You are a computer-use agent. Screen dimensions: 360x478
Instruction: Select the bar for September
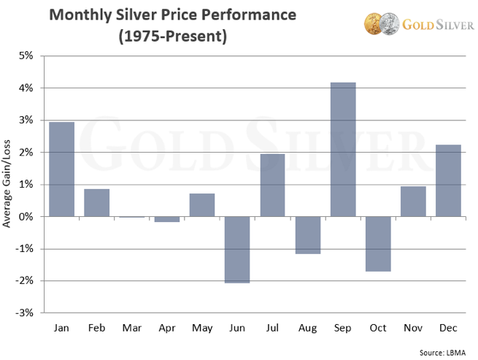click(343, 150)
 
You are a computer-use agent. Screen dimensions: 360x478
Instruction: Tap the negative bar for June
click(237, 250)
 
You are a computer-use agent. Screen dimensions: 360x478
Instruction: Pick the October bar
click(378, 244)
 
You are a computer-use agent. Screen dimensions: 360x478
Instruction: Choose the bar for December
click(448, 180)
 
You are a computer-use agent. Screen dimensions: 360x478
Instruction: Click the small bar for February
click(97, 203)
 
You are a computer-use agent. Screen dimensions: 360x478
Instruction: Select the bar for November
click(413, 202)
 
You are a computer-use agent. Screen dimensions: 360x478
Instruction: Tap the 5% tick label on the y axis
click(27, 55)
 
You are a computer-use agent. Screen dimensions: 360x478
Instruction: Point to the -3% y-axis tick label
click(26, 313)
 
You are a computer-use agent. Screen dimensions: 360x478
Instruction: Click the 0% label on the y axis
click(27, 216)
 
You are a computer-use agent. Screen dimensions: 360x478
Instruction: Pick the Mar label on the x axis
click(132, 329)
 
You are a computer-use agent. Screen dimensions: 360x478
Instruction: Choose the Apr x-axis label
click(167, 329)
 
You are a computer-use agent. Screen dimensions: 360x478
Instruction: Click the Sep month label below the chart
click(343, 329)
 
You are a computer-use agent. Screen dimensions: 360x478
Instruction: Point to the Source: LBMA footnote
click(442, 351)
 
